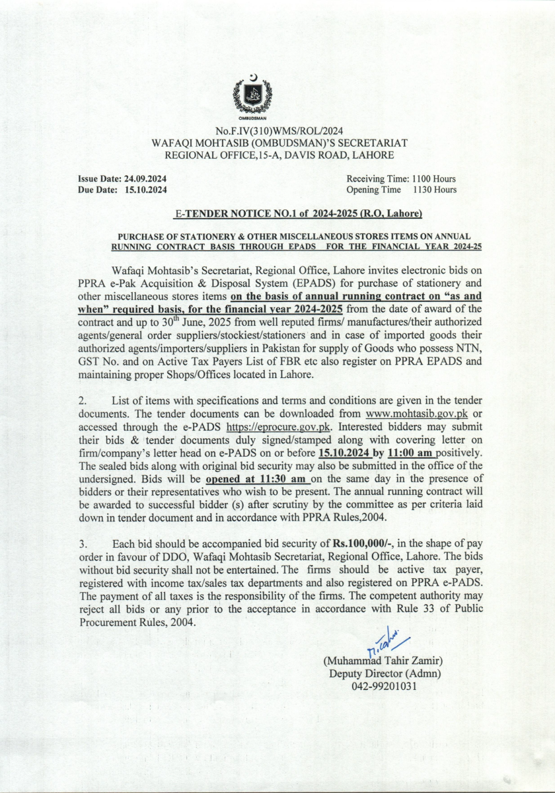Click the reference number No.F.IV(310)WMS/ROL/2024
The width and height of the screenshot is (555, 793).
pos(279,131)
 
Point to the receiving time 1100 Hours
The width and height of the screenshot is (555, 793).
pos(434,179)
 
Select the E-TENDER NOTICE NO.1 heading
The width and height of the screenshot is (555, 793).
pos(297,214)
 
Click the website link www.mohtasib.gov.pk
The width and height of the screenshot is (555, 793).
pos(413,413)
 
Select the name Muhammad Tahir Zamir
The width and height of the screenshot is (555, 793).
pos(383,661)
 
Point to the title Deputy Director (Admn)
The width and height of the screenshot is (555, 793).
pos(385,673)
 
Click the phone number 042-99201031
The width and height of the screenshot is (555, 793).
pos(384,686)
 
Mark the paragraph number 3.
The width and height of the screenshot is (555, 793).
pos(83,545)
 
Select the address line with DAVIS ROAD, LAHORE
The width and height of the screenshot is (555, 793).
pos(279,155)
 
